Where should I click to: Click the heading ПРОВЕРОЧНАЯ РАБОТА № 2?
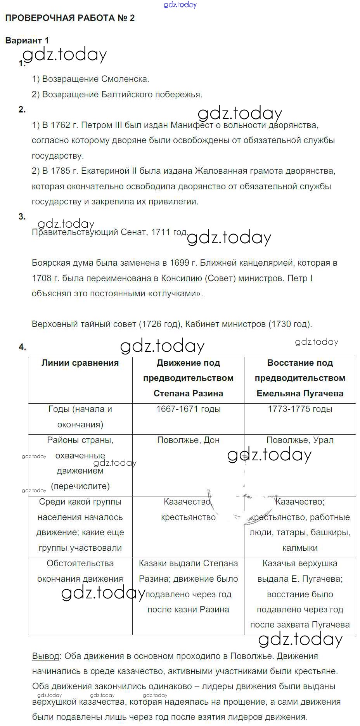point(70,18)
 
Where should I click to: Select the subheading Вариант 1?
point(27,40)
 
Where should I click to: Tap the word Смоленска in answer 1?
point(125,79)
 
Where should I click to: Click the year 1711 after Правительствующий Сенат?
point(160,232)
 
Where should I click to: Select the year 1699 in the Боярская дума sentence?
point(180,263)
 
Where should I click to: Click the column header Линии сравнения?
point(80,363)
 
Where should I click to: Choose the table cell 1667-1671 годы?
point(188,409)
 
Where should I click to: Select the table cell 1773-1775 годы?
point(300,409)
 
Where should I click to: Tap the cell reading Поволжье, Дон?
point(188,440)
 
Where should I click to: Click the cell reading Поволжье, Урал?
point(300,440)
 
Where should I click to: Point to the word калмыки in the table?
point(300,548)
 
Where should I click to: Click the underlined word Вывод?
point(45,657)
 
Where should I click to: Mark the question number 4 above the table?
point(22,347)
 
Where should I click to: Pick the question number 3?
point(22,217)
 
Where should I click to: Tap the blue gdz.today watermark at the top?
point(180,5)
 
